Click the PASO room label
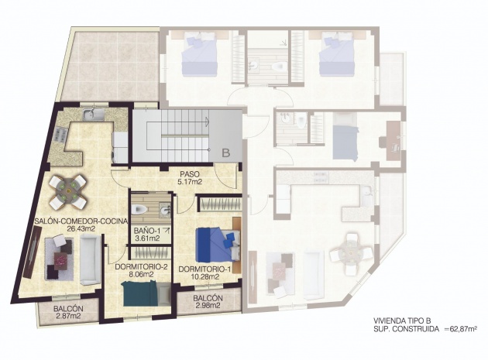(x=190, y=174)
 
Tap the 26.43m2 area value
(x=81, y=228)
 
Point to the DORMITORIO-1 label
(x=205, y=269)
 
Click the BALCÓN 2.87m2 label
(x=68, y=313)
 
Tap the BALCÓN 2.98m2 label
(x=208, y=302)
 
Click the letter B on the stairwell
(x=226, y=153)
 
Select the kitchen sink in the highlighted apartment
(x=94, y=114)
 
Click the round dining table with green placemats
(x=68, y=192)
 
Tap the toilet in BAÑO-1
(x=139, y=210)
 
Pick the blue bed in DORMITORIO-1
(x=218, y=245)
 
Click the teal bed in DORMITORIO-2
(x=141, y=293)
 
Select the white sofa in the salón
(x=91, y=260)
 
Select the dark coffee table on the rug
(x=61, y=260)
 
